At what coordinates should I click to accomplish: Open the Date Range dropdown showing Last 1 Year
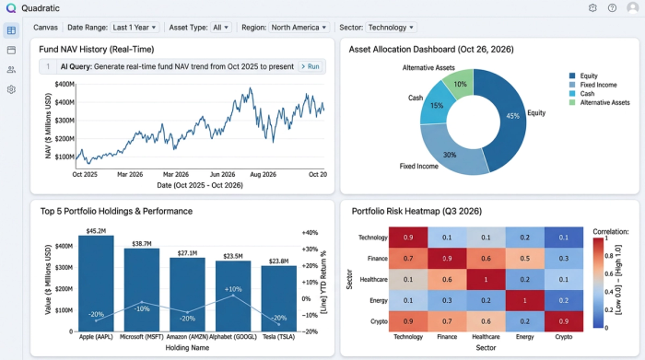112,28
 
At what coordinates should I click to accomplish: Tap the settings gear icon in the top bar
592,7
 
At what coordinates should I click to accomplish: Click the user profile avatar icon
632,7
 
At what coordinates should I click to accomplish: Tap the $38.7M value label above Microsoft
141,243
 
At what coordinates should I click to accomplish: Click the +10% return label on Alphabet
233,289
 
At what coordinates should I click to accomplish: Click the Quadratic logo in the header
10,7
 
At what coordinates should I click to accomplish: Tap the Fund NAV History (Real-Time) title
97,49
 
